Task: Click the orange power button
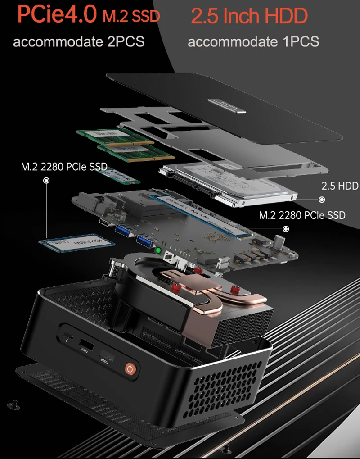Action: (130, 369)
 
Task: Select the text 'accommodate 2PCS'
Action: (79, 42)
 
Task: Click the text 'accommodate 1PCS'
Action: (253, 42)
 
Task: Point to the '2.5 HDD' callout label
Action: (339, 186)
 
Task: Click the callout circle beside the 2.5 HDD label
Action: (322, 200)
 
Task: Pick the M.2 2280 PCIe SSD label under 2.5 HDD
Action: (302, 215)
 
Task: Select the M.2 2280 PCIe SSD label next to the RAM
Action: (64, 167)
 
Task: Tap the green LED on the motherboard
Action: (158, 250)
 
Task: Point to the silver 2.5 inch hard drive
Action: (229, 185)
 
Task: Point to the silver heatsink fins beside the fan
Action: (243, 324)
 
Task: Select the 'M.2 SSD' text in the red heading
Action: (131, 16)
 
